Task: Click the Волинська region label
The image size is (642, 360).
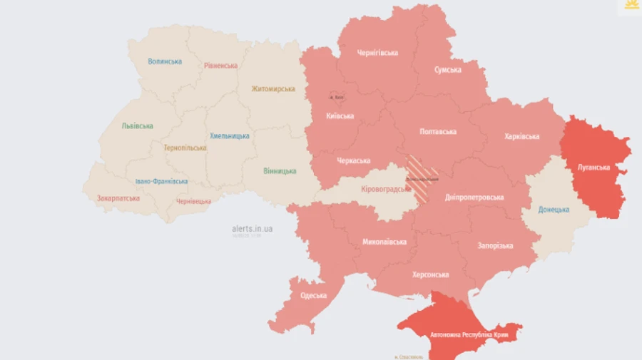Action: [165, 61]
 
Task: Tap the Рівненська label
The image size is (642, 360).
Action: [220, 66]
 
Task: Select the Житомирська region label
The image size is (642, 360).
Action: [273, 89]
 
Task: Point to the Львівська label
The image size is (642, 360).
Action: [137, 126]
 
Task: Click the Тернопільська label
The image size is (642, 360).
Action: [185, 148]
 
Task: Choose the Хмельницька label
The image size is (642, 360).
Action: [230, 135]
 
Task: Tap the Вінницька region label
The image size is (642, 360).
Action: [280, 171]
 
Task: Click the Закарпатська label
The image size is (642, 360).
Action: [118, 198]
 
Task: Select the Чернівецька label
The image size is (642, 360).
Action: [193, 201]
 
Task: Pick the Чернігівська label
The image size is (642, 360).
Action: [377, 53]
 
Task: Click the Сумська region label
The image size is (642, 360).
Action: [447, 70]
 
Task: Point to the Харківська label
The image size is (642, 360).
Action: [521, 136]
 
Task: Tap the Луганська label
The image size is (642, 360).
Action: [593, 168]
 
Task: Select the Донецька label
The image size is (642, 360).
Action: [554, 210]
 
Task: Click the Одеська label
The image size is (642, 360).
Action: [313, 295]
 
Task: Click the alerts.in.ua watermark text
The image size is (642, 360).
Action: [253, 229]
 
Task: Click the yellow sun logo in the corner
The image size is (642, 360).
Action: [631, 6]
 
